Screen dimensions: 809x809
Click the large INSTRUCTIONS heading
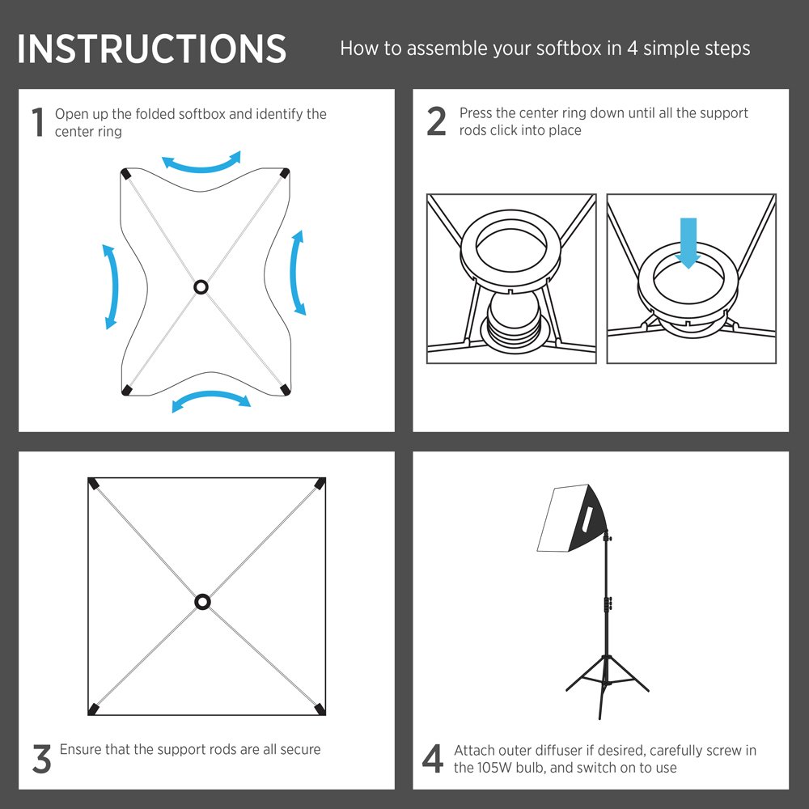152,49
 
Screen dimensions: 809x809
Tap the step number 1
38,122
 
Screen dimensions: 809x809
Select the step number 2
437,121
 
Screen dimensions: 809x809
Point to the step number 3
41,759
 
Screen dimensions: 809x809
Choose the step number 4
432,759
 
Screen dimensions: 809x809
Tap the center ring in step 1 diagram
201,287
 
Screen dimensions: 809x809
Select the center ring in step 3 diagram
203,602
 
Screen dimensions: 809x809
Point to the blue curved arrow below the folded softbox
210,396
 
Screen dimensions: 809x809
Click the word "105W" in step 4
495,768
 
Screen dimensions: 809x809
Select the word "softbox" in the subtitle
569,49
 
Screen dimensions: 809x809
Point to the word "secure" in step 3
300,749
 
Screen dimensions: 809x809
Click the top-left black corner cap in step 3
93,484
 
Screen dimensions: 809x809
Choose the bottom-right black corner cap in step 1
284,390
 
